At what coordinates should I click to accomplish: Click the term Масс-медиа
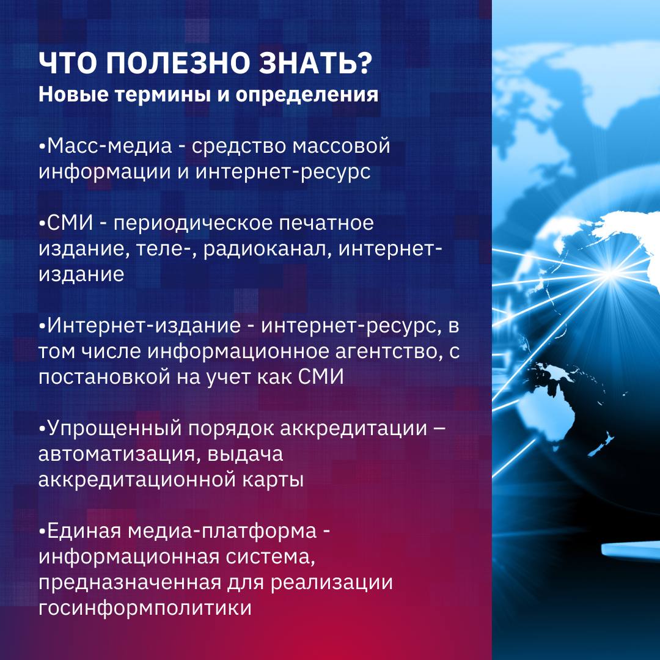pyautogui.click(x=109, y=147)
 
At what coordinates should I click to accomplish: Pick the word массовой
pyautogui.click(x=342, y=146)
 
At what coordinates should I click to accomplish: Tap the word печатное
pyautogui.click(x=326, y=224)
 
